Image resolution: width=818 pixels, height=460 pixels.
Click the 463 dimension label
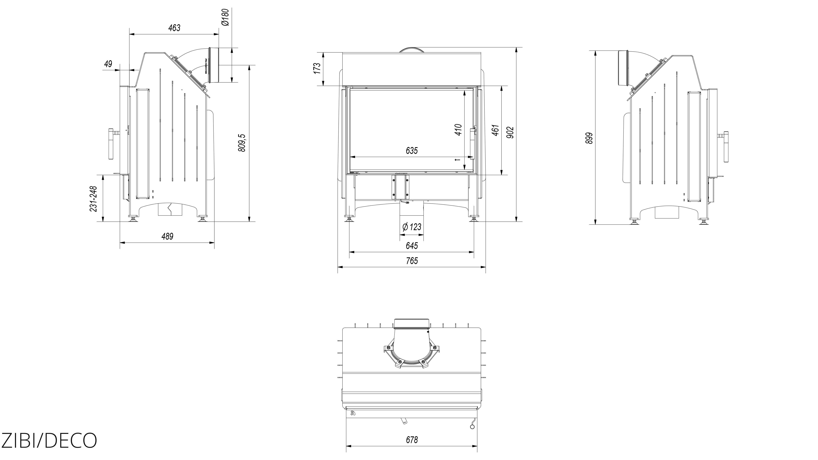(x=174, y=28)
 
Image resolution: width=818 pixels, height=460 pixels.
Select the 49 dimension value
(x=108, y=64)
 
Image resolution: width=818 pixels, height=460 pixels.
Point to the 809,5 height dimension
(x=242, y=143)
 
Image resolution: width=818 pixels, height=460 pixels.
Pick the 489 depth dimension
(x=167, y=237)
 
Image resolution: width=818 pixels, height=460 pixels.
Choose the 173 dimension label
(x=317, y=69)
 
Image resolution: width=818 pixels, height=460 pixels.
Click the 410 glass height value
(x=458, y=130)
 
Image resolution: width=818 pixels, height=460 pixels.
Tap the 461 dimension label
(x=495, y=130)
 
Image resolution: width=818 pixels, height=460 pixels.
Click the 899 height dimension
(x=589, y=138)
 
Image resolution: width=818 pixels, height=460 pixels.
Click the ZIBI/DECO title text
(x=49, y=440)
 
